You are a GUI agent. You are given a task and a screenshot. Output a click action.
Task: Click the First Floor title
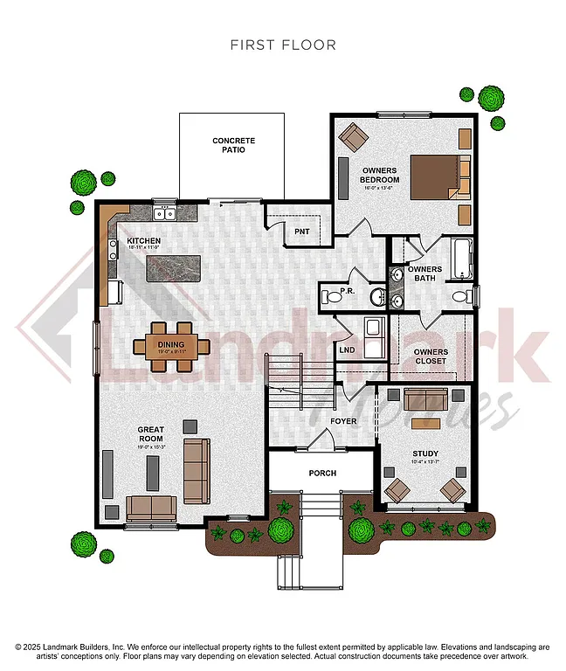(x=283, y=45)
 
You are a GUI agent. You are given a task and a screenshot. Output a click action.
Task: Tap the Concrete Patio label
(x=234, y=145)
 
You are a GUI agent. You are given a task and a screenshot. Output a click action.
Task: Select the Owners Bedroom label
(x=380, y=175)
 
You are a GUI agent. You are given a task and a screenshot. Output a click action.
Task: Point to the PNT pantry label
(x=302, y=232)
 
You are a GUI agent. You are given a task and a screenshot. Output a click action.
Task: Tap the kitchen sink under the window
(x=163, y=213)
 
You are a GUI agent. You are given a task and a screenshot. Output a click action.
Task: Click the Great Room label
(x=151, y=434)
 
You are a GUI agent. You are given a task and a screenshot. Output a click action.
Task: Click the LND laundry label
(x=347, y=351)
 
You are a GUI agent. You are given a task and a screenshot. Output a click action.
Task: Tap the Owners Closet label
(x=431, y=356)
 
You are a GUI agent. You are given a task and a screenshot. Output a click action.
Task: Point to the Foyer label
(x=343, y=421)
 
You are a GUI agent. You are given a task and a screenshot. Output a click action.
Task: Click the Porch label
(x=322, y=473)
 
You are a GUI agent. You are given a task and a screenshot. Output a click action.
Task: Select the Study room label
(x=425, y=453)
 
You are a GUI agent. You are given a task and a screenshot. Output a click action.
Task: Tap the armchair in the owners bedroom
(x=354, y=136)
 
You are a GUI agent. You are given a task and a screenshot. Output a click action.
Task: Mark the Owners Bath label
(x=424, y=273)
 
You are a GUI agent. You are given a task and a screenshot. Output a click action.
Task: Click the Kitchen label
(x=143, y=240)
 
